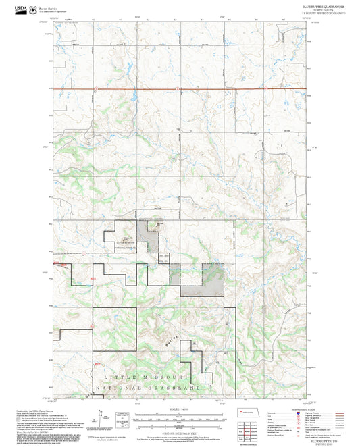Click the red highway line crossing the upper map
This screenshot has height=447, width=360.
[x=182, y=89]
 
